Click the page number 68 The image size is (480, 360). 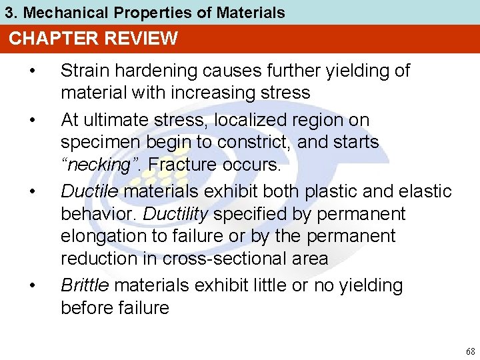point(471,351)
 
